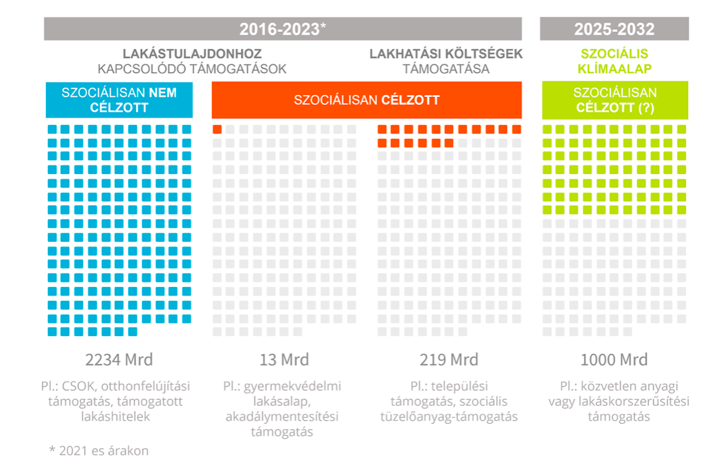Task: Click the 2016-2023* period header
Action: (283, 29)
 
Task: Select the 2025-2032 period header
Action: (614, 29)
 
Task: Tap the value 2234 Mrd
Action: (119, 360)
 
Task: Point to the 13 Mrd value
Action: (284, 360)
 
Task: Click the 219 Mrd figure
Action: (449, 360)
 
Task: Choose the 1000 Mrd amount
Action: (614, 360)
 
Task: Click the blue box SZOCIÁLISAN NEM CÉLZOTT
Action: (120, 100)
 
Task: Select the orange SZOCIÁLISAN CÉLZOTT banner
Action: (367, 100)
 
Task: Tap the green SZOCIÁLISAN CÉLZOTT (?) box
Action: (615, 100)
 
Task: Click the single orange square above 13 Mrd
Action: (217, 130)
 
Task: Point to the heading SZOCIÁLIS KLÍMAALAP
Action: (615, 61)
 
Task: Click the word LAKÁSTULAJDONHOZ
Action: (192, 54)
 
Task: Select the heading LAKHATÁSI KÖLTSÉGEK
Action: (446, 54)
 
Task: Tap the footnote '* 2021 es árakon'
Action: (99, 450)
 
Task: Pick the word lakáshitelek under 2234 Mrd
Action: (119, 417)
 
